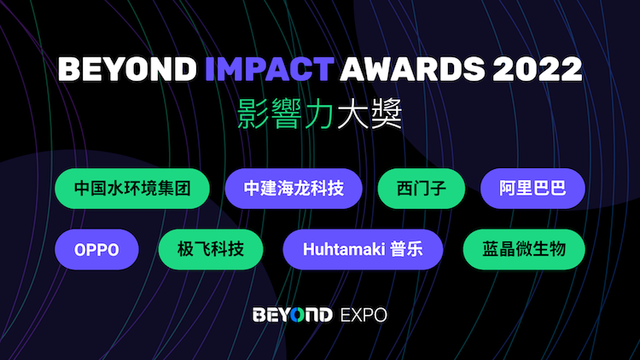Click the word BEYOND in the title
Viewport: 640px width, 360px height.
pyautogui.click(x=127, y=68)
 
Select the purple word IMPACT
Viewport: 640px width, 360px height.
pyautogui.click(x=270, y=68)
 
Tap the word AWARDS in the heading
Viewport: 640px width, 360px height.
pyautogui.click(x=412, y=68)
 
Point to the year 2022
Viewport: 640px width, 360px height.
pyautogui.click(x=537, y=68)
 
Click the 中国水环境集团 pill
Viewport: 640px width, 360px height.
pyautogui.click(x=132, y=189)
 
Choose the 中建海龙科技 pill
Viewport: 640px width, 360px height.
pyautogui.click(x=294, y=189)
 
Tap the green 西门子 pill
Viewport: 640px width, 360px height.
pyautogui.click(x=422, y=189)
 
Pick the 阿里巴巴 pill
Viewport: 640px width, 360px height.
pyautogui.click(x=532, y=189)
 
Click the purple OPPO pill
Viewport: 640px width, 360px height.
pyautogui.click(x=96, y=249)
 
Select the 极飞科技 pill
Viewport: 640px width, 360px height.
pyautogui.click(x=211, y=249)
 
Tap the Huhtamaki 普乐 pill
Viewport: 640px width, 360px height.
pyautogui.click(x=363, y=249)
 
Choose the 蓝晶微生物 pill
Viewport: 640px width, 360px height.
pyautogui.click(x=524, y=249)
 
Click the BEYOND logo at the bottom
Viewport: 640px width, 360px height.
pyautogui.click(x=293, y=315)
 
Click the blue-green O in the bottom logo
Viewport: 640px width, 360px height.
pyautogui.click(x=299, y=315)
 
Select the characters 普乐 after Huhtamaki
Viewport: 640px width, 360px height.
pyautogui.click(x=406, y=249)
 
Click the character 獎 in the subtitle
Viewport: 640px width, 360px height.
pyautogui.click(x=387, y=113)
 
